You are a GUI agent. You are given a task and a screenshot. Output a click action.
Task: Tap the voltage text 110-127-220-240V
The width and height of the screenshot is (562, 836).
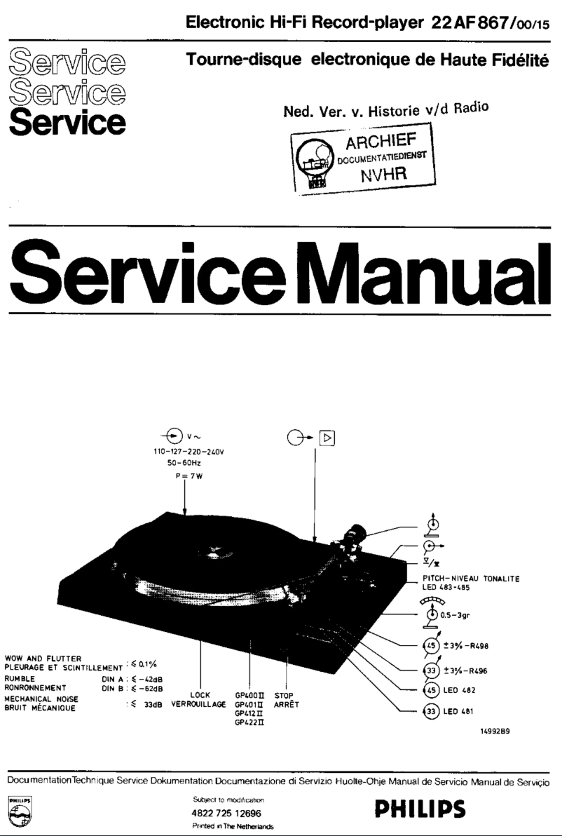pyautogui.click(x=187, y=452)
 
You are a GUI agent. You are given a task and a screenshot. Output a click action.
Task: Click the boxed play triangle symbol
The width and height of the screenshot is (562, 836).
pyautogui.click(x=327, y=438)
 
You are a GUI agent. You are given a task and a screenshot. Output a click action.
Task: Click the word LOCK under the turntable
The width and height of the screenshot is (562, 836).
pyautogui.click(x=201, y=696)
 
